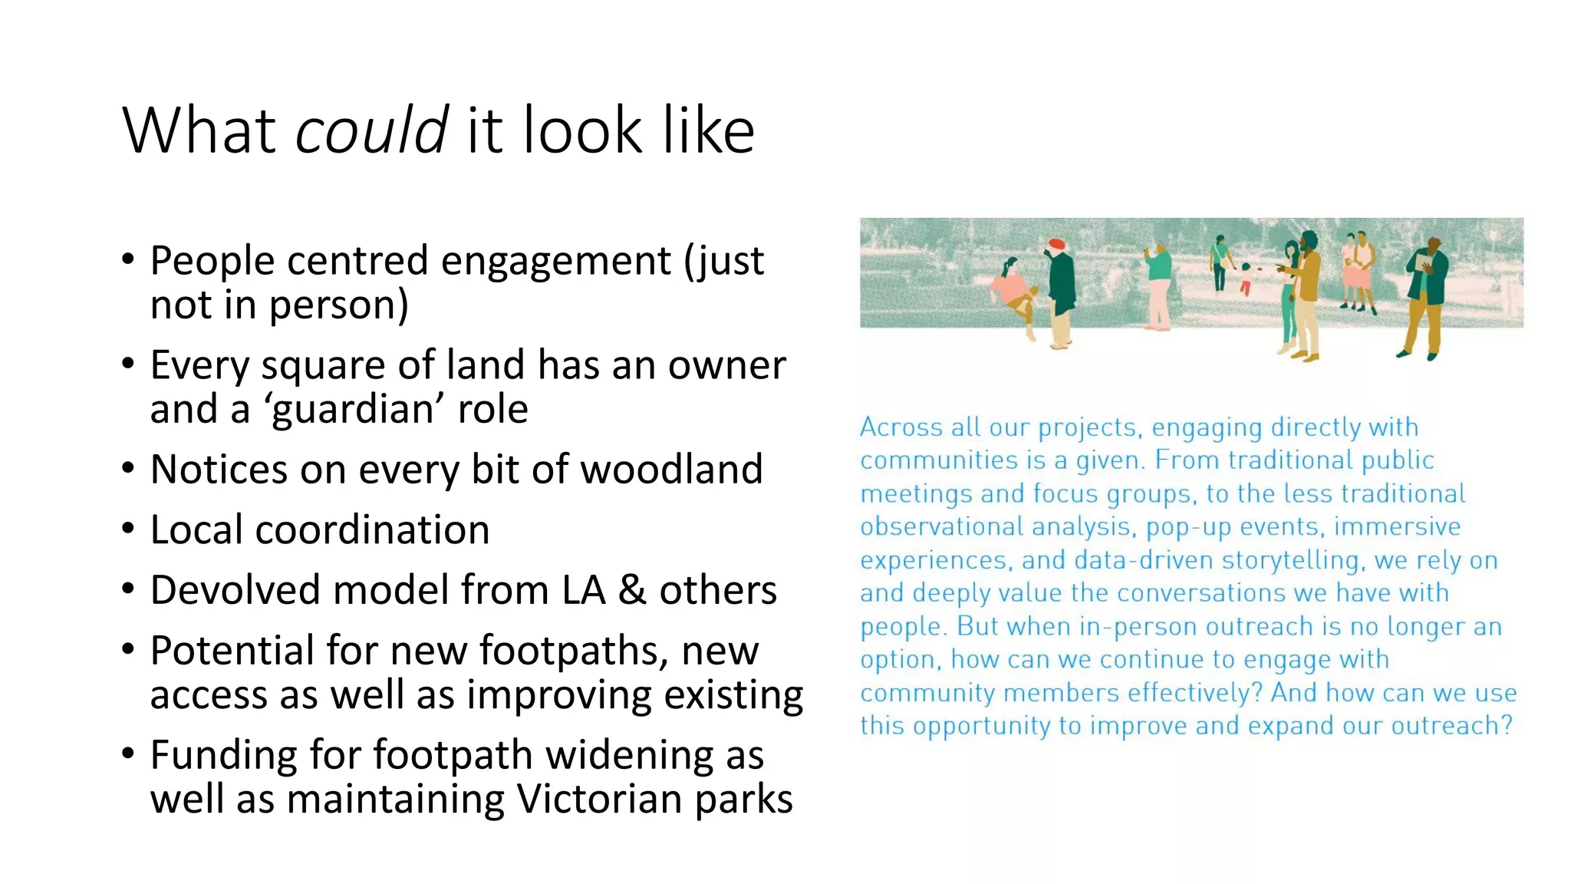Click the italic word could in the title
(x=371, y=130)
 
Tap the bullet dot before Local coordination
(x=128, y=529)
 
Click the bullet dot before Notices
(x=128, y=468)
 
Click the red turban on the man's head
(x=1056, y=244)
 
